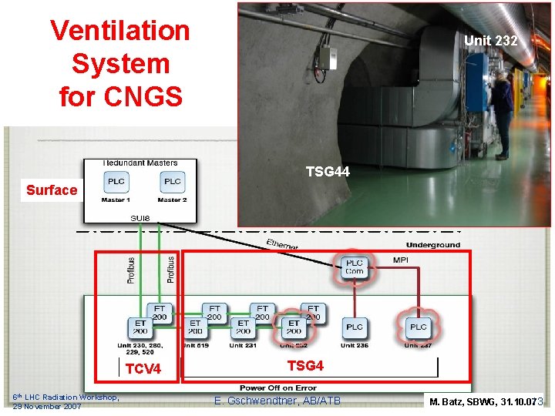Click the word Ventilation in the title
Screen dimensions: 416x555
[x=119, y=31]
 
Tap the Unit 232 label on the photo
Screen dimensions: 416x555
[x=490, y=40]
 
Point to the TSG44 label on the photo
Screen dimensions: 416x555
[x=328, y=172]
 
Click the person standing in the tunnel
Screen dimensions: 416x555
[x=502, y=108]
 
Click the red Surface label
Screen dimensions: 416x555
[x=52, y=190]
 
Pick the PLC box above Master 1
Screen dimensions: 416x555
[x=116, y=181]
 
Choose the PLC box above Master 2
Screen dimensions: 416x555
[x=172, y=181]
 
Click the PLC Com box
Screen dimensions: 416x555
[x=355, y=267]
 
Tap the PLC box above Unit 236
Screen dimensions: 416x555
[x=355, y=327]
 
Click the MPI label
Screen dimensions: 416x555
[x=401, y=260]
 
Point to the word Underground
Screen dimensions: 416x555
[x=432, y=245]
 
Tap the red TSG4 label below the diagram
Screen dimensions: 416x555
[x=305, y=365]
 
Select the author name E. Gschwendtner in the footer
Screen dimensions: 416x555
[x=277, y=400]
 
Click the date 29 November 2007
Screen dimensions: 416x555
[x=47, y=406]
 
